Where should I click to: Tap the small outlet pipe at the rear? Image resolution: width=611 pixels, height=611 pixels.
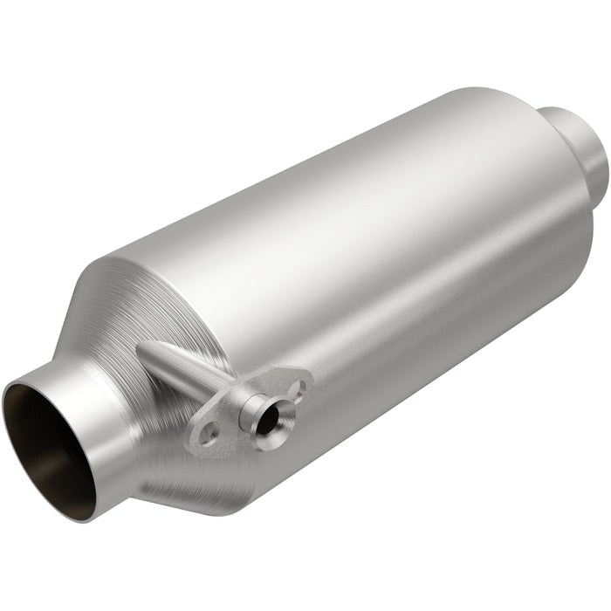tap(580, 148)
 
